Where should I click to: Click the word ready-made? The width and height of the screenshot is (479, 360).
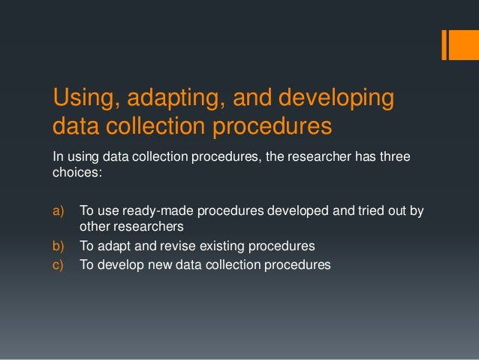[155, 211]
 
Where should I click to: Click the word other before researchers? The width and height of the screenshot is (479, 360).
[93, 226]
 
